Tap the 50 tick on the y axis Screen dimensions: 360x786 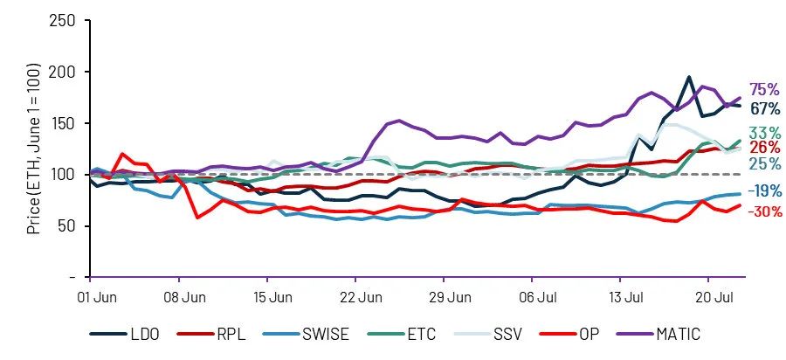[x=66, y=226]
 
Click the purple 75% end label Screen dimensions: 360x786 [x=764, y=90]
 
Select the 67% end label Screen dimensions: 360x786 [x=764, y=108]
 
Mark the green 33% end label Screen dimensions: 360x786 [x=764, y=132]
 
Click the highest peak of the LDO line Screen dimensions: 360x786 [x=689, y=77]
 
